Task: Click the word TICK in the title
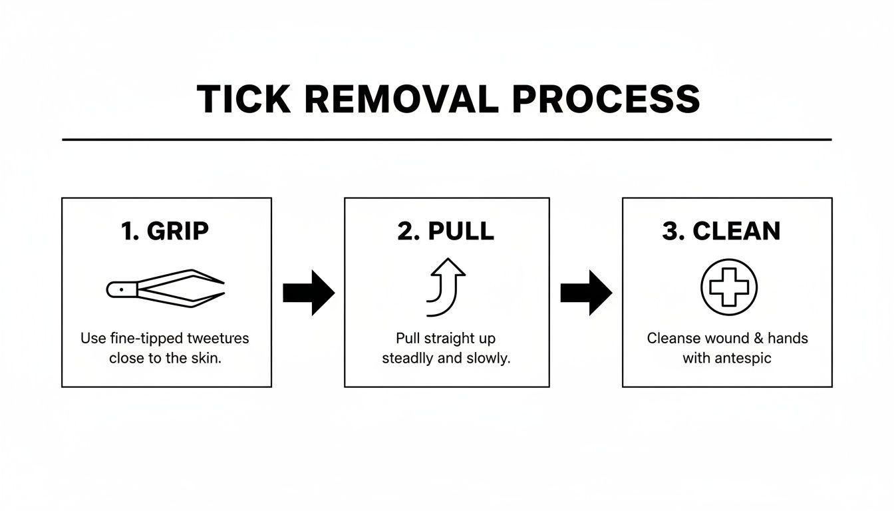(x=244, y=99)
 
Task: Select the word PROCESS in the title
(x=606, y=99)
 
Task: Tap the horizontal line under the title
(x=446, y=140)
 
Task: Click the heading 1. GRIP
(x=165, y=231)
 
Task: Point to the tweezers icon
(x=165, y=288)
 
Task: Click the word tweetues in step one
(x=218, y=338)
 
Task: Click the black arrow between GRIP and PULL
(x=308, y=293)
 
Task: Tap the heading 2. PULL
(x=446, y=231)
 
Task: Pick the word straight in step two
(x=448, y=338)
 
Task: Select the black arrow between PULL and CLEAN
(x=585, y=293)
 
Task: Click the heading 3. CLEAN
(x=721, y=231)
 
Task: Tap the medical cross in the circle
(x=729, y=287)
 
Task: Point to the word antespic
(x=743, y=358)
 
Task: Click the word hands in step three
(x=790, y=338)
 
